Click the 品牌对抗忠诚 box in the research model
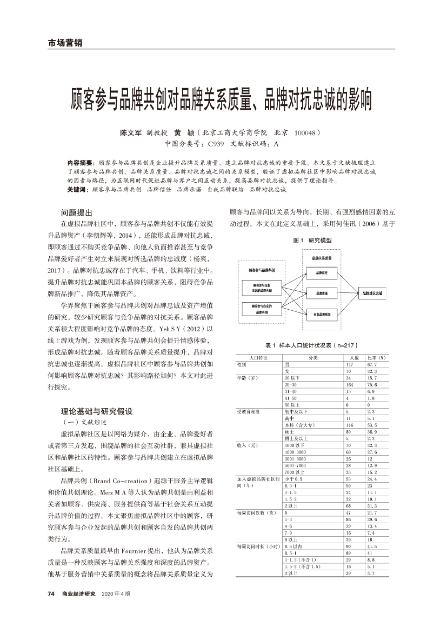[372, 292]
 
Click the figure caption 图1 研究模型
[312, 240]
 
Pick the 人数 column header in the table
[355, 358]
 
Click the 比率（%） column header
[376, 358]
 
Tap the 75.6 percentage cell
[372, 384]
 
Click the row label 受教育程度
[249, 411]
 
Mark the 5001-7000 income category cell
[295, 465]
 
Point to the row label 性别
[242, 365]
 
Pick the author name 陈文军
[130, 132]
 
